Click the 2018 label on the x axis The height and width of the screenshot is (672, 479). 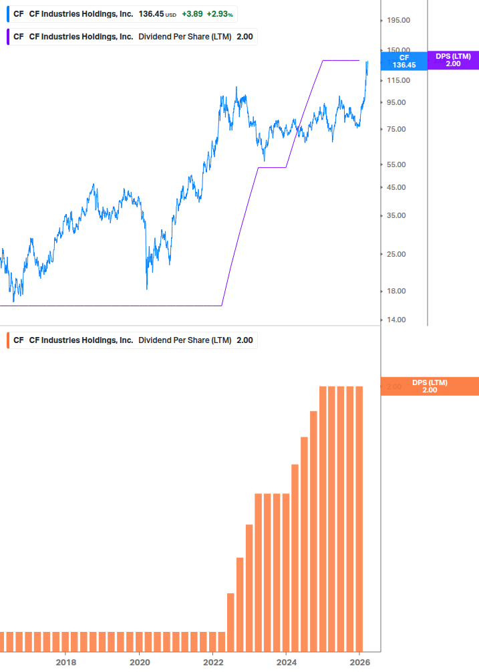point(65,662)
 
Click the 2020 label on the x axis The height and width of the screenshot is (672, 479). point(139,662)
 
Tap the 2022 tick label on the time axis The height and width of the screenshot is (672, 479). point(212,662)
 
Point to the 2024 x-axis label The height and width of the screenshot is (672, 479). point(286,662)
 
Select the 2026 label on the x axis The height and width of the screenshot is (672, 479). point(359,662)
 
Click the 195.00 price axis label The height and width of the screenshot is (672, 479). point(398,21)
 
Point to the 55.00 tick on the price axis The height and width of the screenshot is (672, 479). point(396,164)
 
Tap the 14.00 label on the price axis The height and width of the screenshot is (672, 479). point(396,320)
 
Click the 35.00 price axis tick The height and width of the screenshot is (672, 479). point(396,215)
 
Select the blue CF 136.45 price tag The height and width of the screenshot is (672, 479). point(404,61)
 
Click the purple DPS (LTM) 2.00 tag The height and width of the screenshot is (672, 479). point(453,60)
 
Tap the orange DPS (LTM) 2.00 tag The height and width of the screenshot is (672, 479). point(430,386)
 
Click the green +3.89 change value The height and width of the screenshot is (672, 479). point(192,13)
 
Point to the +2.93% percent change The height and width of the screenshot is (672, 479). point(220,13)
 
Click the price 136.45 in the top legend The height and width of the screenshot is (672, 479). point(151,13)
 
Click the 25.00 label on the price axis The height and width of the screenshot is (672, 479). point(396,254)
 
